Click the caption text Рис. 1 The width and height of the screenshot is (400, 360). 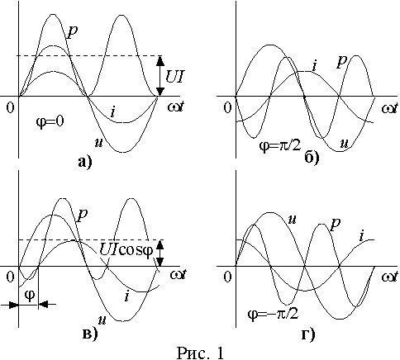click(x=200, y=353)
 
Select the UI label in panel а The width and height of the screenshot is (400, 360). click(x=174, y=76)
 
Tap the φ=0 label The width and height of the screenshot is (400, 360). click(x=50, y=121)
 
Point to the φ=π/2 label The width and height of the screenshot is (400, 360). click(x=280, y=145)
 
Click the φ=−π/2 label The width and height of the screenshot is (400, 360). click(x=273, y=314)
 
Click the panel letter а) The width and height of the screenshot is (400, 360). click(x=84, y=163)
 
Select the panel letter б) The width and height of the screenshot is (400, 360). click(x=312, y=158)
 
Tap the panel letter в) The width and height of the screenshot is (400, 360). click(x=90, y=334)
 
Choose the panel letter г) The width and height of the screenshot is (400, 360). click(x=308, y=334)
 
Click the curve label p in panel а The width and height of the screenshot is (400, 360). click(x=72, y=32)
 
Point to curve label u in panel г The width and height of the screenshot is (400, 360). click(x=292, y=220)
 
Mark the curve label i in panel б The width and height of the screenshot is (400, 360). click(x=314, y=65)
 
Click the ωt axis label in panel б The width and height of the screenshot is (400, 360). click(x=390, y=108)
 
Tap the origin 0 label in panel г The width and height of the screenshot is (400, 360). click(x=227, y=277)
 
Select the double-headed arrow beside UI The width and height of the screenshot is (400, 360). click(x=160, y=76)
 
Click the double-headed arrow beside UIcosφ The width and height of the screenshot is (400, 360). click(x=160, y=253)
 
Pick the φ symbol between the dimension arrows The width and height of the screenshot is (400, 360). click(x=30, y=296)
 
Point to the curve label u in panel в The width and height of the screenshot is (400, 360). click(x=103, y=320)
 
